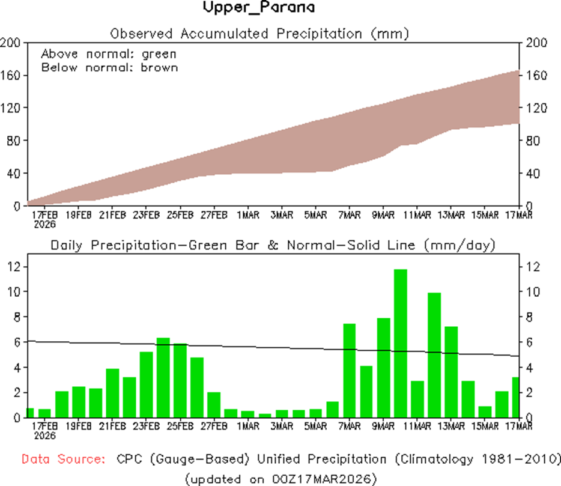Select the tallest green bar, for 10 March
[x=401, y=343]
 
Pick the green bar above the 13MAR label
[x=452, y=372]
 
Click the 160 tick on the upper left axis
[x=11, y=76]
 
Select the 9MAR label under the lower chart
[x=383, y=427]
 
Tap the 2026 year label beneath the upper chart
[x=45, y=225]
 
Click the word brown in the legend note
[x=159, y=67]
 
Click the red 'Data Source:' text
[x=64, y=460]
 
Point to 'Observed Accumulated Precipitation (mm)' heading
[x=259, y=33]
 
